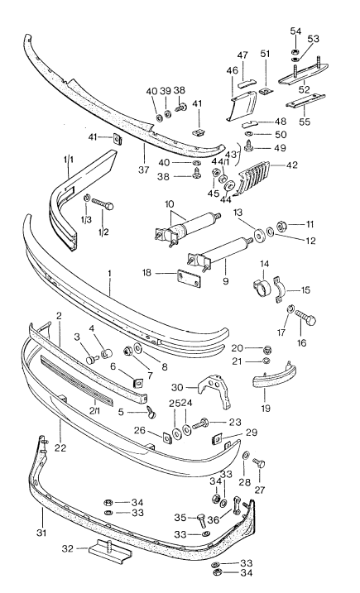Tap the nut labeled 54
295,53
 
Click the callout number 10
170,203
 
